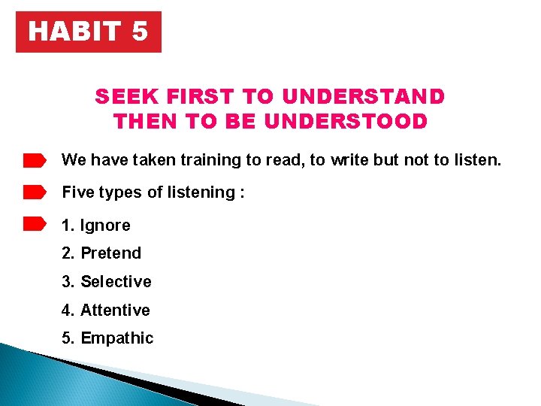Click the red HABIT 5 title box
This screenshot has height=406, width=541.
click(x=89, y=32)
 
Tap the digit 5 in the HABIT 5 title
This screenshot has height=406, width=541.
click(x=140, y=32)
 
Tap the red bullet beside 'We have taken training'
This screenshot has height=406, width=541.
click(x=35, y=160)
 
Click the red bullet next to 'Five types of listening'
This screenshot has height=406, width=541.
click(x=35, y=192)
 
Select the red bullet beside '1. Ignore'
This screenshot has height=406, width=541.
click(x=35, y=225)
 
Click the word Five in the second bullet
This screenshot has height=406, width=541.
click(x=77, y=192)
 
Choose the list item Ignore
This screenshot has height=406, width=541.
click(x=105, y=226)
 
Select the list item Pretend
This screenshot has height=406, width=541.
click(x=110, y=253)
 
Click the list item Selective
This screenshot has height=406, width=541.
click(x=116, y=282)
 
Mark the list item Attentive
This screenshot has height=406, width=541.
click(x=115, y=310)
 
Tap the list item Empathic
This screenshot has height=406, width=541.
click(x=116, y=338)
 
